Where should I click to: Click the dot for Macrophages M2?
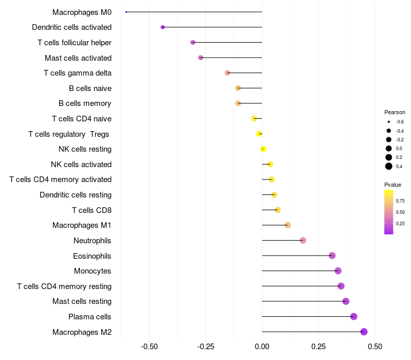(x=364, y=332)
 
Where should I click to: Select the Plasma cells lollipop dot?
(x=353, y=316)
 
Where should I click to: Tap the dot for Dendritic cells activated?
(x=163, y=27)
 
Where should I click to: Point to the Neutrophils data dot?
(x=303, y=240)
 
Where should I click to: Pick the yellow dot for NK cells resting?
(x=263, y=149)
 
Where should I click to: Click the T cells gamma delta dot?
(x=228, y=73)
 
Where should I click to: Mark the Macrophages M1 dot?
(x=287, y=225)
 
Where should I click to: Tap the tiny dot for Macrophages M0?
(x=126, y=12)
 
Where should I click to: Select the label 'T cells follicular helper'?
(x=74, y=43)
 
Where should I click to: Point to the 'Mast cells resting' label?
(x=82, y=301)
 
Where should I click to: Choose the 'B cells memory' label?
(x=85, y=103)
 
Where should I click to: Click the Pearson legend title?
(x=395, y=112)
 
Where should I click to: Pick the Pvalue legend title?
(x=393, y=185)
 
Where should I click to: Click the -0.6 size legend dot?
(x=389, y=122)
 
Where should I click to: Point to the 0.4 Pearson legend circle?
(x=389, y=166)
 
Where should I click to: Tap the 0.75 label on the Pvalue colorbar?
(x=400, y=201)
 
